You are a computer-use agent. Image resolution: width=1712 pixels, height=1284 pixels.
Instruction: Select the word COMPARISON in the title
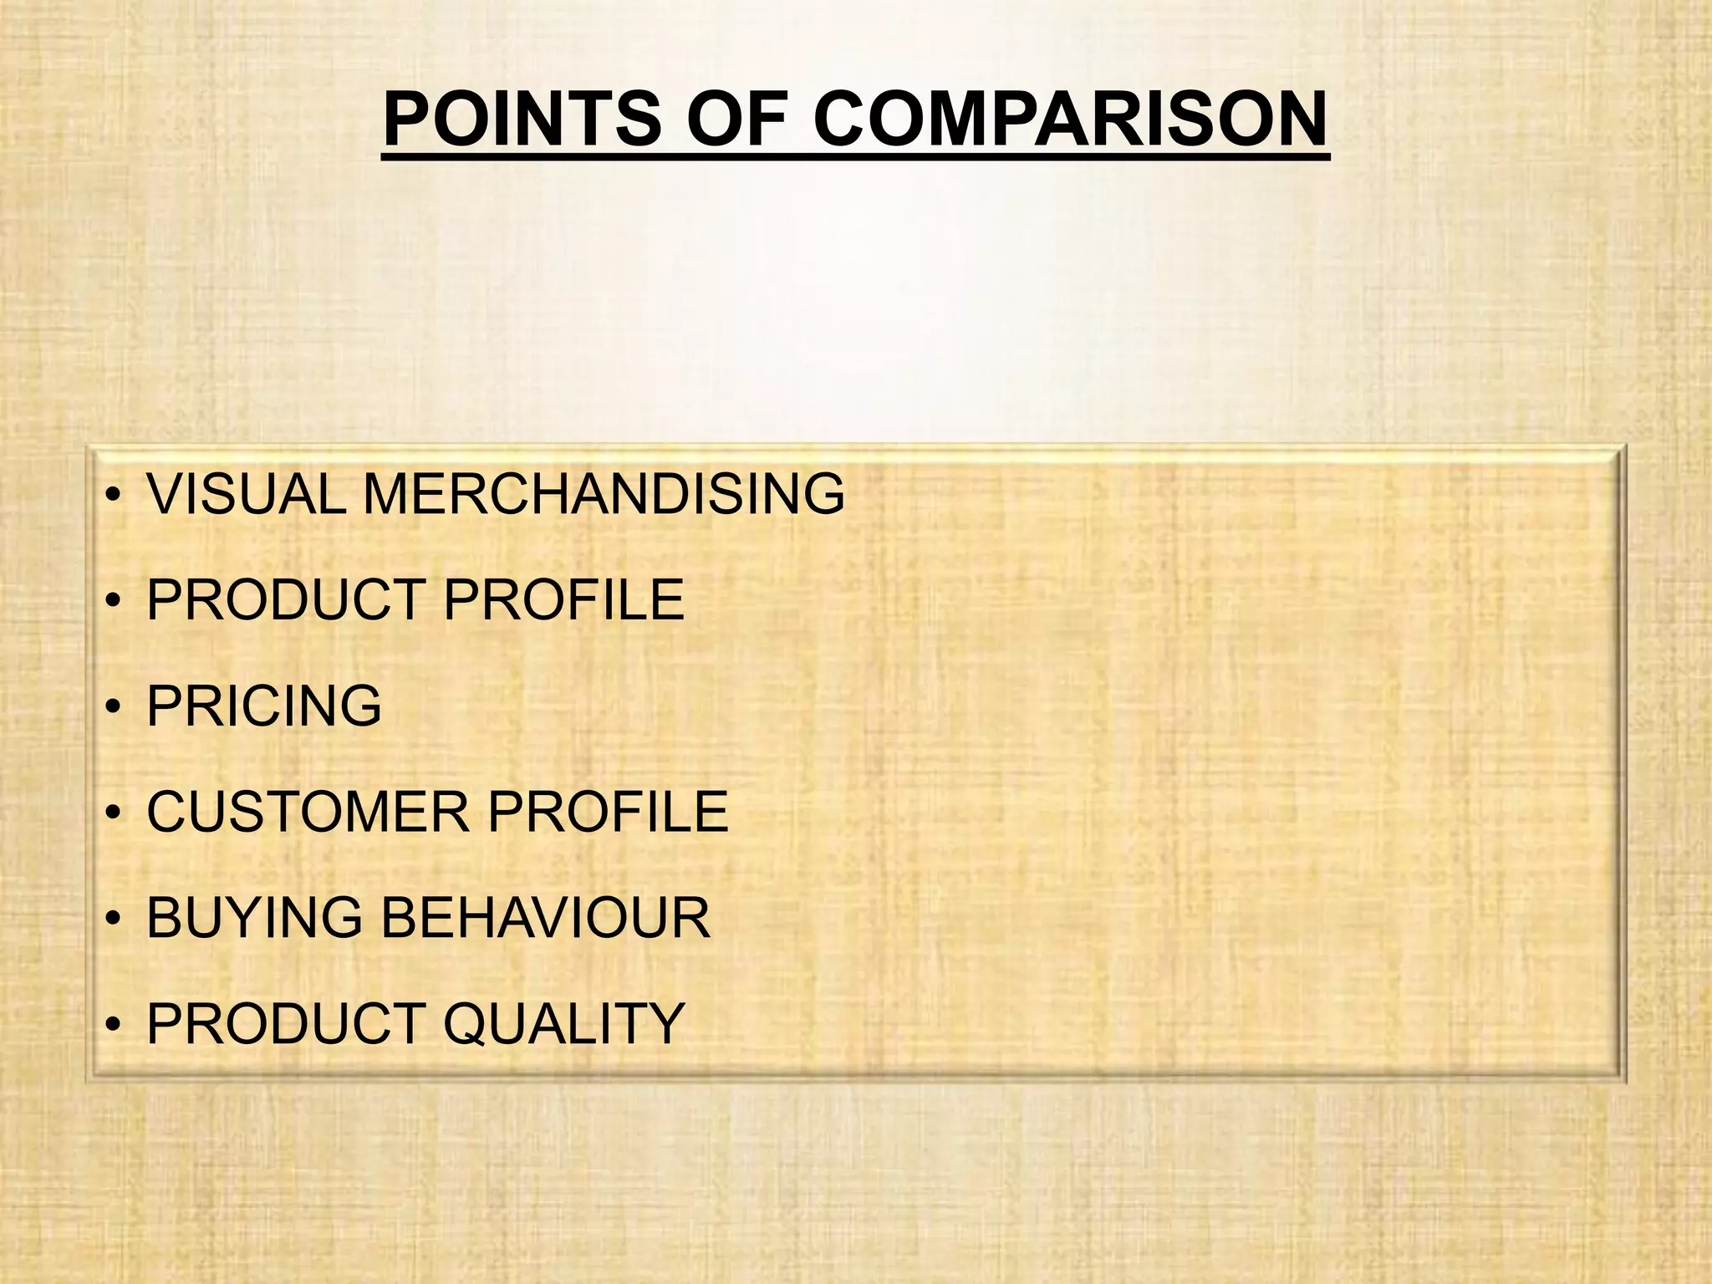point(1070,119)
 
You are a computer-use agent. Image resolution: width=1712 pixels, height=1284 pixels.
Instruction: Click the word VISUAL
point(246,494)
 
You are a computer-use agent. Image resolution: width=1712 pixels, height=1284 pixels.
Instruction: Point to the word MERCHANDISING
point(604,494)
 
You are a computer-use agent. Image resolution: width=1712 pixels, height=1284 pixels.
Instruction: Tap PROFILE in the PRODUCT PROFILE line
point(564,599)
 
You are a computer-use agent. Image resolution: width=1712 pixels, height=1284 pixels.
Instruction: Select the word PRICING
point(264,706)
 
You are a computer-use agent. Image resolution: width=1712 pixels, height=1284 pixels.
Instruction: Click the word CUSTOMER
point(308,812)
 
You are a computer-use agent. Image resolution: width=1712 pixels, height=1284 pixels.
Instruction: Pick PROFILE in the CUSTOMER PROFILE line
point(609,812)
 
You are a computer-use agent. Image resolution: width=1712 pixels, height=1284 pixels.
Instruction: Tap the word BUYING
point(254,918)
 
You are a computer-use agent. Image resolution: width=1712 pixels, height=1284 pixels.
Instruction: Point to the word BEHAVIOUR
point(545,918)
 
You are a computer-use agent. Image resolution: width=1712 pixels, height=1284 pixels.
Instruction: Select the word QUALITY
point(564,1023)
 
